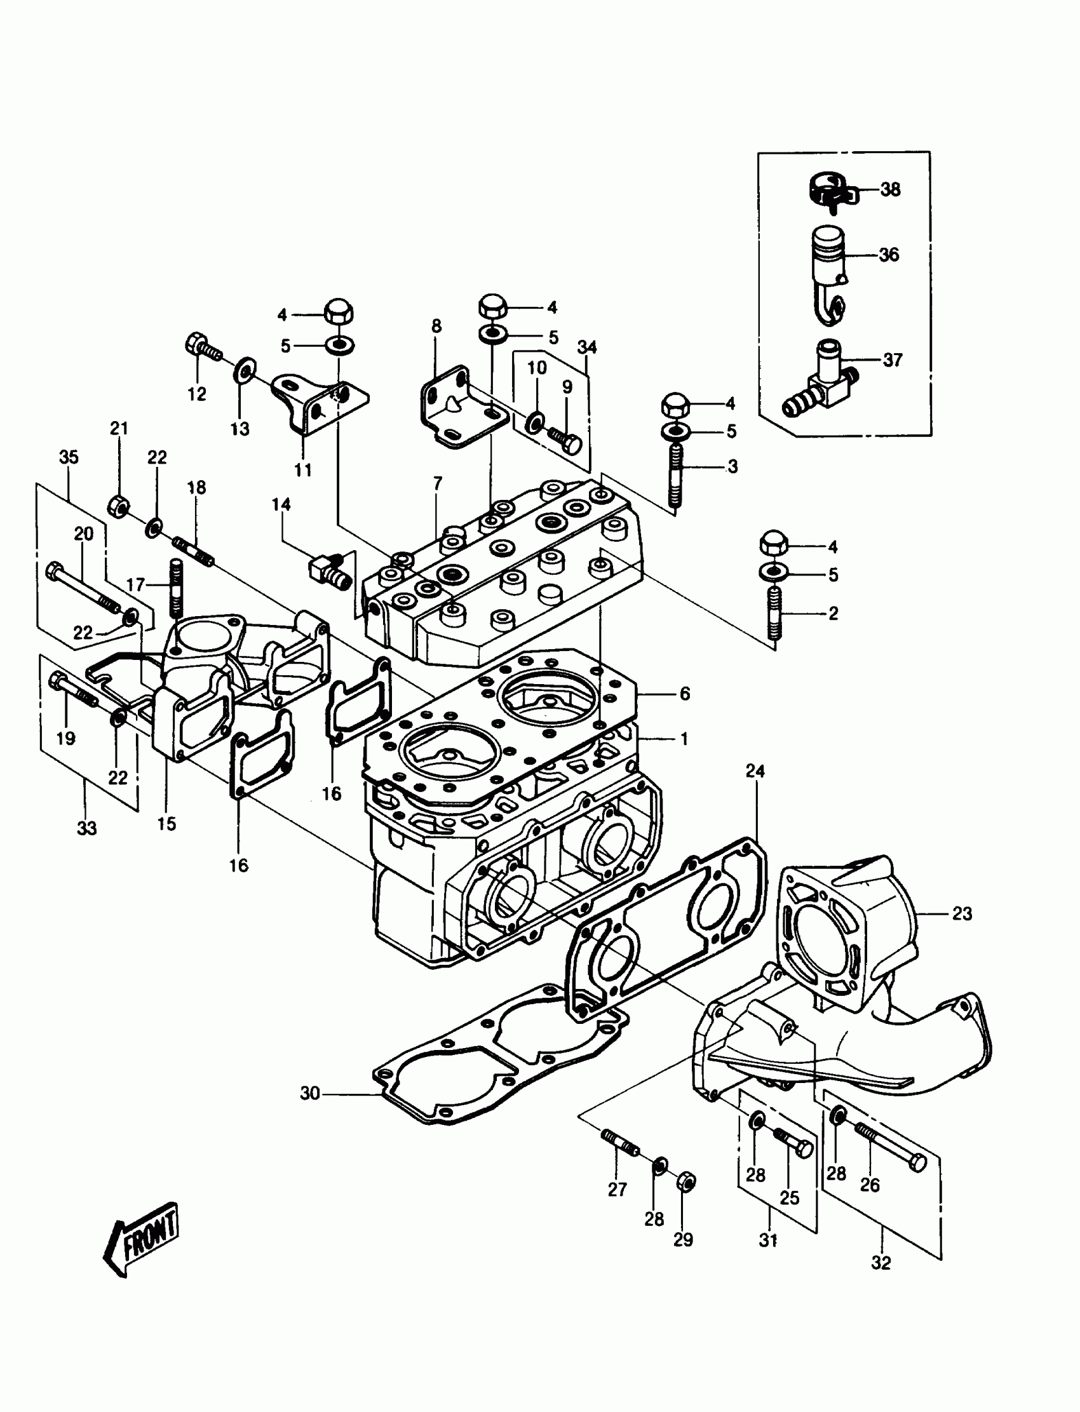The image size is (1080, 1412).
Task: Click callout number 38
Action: click(890, 189)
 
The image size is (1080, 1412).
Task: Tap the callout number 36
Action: click(889, 255)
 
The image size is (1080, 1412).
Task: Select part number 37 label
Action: click(893, 360)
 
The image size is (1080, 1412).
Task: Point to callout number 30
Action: click(310, 1093)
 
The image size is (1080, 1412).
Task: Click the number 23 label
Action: click(962, 913)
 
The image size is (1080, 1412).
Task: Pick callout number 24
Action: click(755, 770)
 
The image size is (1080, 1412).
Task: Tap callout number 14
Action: click(281, 504)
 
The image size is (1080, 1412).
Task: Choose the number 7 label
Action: click(438, 483)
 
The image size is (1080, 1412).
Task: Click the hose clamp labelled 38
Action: click(829, 189)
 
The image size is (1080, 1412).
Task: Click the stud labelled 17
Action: click(177, 588)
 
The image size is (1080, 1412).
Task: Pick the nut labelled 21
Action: click(118, 506)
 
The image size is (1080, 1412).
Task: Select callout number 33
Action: click(87, 829)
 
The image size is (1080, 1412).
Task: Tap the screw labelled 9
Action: click(566, 439)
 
